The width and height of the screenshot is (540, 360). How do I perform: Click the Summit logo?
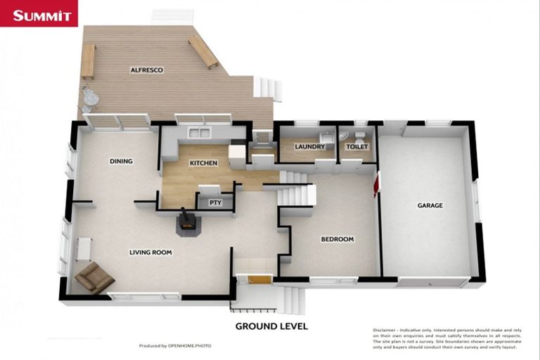point(39,14)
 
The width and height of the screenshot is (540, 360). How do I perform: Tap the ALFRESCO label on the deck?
point(146,70)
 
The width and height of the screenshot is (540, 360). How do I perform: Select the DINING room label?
point(121,161)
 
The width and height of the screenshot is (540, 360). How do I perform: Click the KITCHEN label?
point(203,163)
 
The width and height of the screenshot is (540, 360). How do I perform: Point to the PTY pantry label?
point(216,202)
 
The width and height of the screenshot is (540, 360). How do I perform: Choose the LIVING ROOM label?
point(150,252)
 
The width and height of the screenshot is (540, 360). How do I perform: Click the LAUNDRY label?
point(309,147)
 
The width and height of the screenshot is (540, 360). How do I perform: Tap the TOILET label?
point(357,147)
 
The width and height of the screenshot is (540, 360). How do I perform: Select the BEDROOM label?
point(337,239)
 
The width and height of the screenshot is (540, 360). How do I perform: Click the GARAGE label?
point(430,205)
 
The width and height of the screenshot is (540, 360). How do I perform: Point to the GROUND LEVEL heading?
point(271,326)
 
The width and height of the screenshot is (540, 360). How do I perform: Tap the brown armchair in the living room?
point(94,278)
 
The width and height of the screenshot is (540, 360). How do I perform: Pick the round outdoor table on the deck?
point(90,98)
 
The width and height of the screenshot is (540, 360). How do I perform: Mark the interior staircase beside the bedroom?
point(296,192)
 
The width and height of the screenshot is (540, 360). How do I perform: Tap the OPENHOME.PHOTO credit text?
point(189,346)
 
